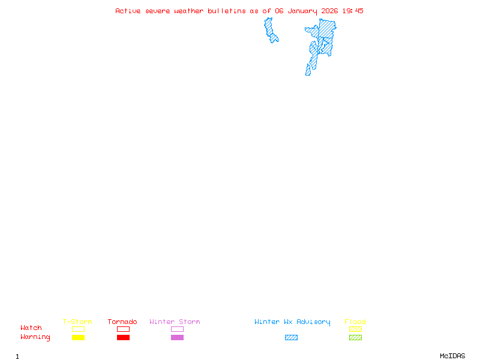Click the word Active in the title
128,11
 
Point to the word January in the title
302,11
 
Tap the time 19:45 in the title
353,11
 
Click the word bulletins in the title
226,11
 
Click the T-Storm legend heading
77,322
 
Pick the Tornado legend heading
122,322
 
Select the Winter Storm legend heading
175,322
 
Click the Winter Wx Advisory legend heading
292,322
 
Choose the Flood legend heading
355,322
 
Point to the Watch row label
31,328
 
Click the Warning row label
35,337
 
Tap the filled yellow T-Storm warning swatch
78,337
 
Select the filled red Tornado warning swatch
123,337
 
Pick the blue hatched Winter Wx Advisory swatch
291,337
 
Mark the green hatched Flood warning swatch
355,337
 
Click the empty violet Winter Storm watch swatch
177,329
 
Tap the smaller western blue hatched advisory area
271,30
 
